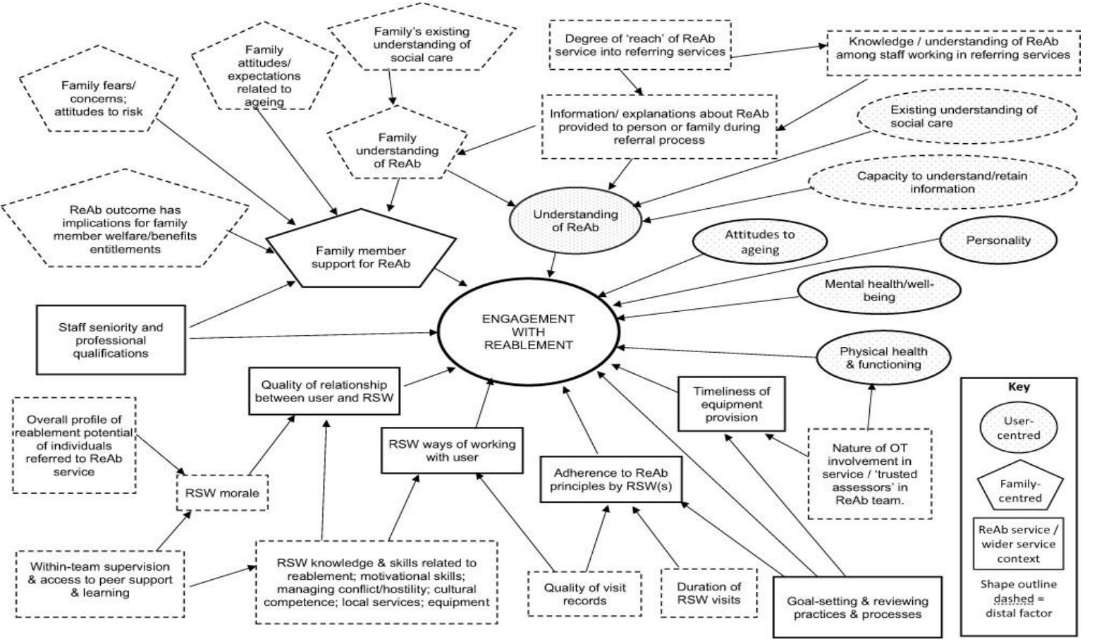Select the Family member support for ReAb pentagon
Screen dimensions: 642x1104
point(360,257)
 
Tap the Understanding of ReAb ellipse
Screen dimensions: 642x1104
point(575,220)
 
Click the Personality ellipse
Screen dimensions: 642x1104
point(998,241)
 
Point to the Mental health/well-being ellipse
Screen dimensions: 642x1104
point(878,290)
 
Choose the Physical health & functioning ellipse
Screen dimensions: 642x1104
point(883,358)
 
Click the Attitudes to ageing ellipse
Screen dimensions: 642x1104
point(759,241)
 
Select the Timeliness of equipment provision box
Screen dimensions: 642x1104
point(731,404)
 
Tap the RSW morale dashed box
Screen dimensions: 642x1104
point(222,492)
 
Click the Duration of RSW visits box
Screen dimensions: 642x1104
point(709,593)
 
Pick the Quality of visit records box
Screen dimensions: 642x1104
point(584,594)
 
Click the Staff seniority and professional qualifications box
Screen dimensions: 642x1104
point(111,339)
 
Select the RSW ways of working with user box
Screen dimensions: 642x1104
point(452,450)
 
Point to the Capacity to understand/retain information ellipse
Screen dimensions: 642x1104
point(942,182)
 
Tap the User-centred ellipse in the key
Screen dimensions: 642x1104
point(1018,428)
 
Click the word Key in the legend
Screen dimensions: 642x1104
point(1019,387)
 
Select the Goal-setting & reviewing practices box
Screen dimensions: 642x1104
point(857,607)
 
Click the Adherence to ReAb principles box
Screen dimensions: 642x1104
point(611,479)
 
